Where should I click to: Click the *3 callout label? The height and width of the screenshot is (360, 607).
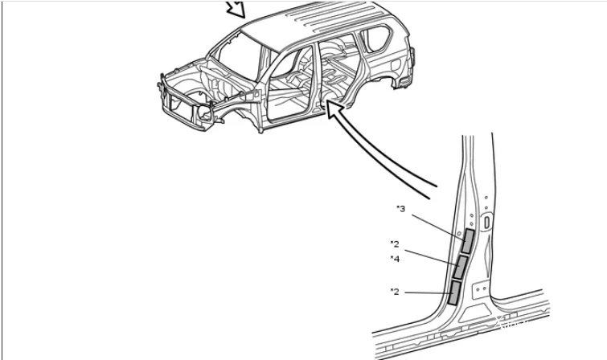tap(400, 209)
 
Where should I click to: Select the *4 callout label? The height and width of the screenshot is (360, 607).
tap(395, 259)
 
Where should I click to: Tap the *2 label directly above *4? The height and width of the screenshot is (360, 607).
tap(395, 243)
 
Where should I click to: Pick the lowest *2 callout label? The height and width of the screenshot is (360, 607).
tap(395, 292)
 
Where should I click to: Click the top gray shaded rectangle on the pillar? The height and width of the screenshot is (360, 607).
tap(469, 241)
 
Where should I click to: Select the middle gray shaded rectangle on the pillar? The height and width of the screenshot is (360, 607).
tap(460, 267)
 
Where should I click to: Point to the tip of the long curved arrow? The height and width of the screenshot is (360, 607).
tap(327, 100)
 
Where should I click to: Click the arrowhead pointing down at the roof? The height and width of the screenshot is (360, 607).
tap(236, 10)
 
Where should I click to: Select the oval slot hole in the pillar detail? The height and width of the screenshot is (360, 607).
tap(486, 223)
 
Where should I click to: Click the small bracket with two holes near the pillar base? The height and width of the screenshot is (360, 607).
tap(481, 289)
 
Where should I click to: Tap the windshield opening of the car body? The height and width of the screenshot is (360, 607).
tap(236, 55)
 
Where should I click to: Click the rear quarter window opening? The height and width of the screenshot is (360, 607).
tap(376, 39)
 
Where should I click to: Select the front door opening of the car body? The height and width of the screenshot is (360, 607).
tap(288, 86)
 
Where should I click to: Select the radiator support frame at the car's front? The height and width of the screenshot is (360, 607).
tap(182, 103)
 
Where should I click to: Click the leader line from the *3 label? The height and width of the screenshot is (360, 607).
tap(439, 227)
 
